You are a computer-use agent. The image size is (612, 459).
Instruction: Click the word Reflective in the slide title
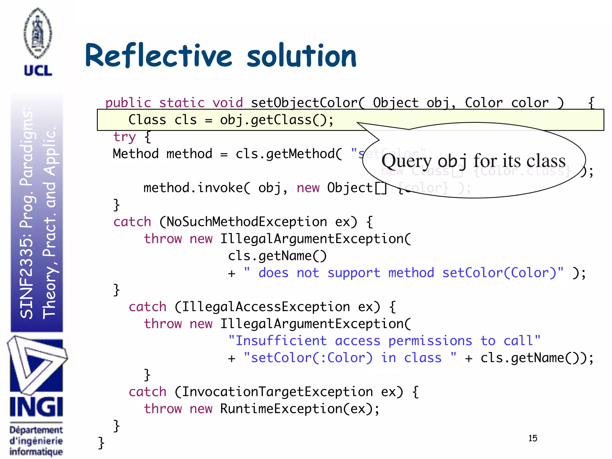[x=158, y=56]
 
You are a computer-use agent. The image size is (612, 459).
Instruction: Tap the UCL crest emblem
[x=38, y=33]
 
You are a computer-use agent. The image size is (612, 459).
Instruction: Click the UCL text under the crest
[x=38, y=71]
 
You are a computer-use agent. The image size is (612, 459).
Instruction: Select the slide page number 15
[x=533, y=438]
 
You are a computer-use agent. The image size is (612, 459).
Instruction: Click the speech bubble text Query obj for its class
[x=473, y=161]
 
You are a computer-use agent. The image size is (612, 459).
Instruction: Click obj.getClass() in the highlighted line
[x=276, y=120]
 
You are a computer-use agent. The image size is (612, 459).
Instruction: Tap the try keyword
[x=124, y=137]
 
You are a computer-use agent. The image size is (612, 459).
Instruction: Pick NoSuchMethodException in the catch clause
[x=247, y=222]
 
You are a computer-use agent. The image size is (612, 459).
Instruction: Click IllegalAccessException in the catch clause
[x=266, y=307]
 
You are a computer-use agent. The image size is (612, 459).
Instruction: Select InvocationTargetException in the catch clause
[x=277, y=392]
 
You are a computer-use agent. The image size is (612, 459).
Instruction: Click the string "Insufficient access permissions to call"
[x=384, y=341]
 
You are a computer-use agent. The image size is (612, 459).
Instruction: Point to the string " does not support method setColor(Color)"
[x=403, y=273]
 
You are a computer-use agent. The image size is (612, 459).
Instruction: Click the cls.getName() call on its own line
[x=277, y=256]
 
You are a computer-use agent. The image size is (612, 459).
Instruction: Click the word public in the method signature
[x=128, y=103]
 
